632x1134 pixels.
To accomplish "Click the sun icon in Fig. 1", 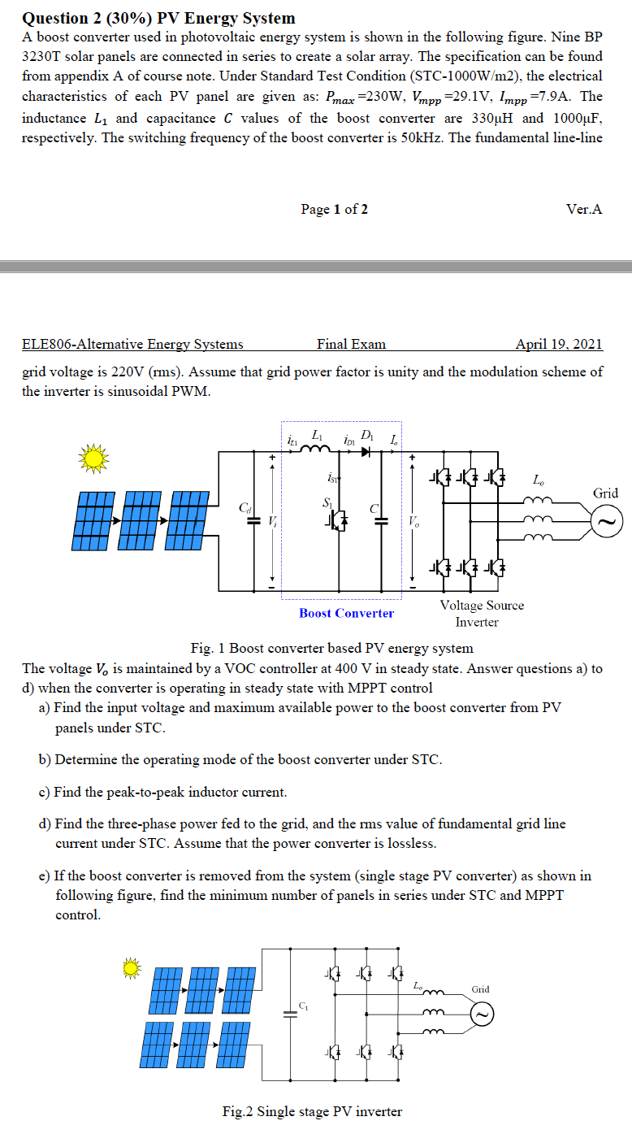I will (93, 458).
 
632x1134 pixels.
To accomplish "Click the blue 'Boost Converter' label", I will (346, 613).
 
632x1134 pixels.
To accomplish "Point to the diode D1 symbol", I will (366, 450).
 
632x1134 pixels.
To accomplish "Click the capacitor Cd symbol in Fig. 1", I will (251, 520).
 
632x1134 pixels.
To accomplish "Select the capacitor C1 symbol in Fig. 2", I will (287, 1013).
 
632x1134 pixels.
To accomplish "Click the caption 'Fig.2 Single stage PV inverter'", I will (312, 1111).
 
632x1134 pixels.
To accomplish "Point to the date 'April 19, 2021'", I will (559, 344).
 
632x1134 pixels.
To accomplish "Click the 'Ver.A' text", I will (584, 209).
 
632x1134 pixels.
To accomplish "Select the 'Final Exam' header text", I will (351, 344).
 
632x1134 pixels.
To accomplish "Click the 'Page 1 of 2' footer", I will (334, 209).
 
